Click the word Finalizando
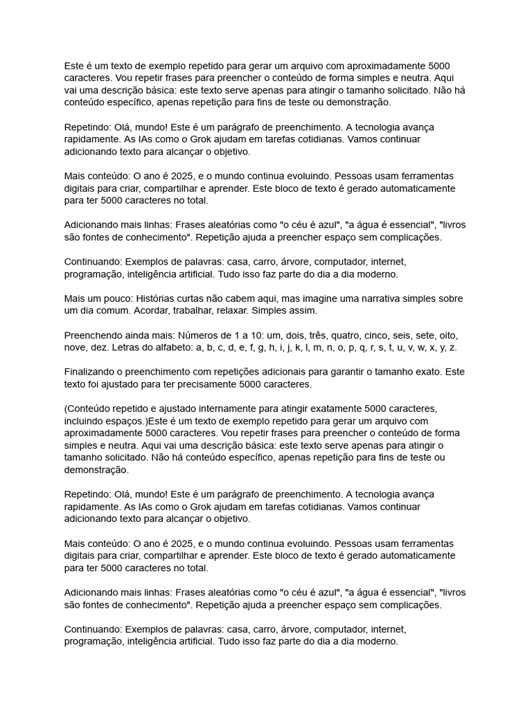[x=93, y=372]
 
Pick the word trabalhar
[x=195, y=310]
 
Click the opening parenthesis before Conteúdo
[x=66, y=409]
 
